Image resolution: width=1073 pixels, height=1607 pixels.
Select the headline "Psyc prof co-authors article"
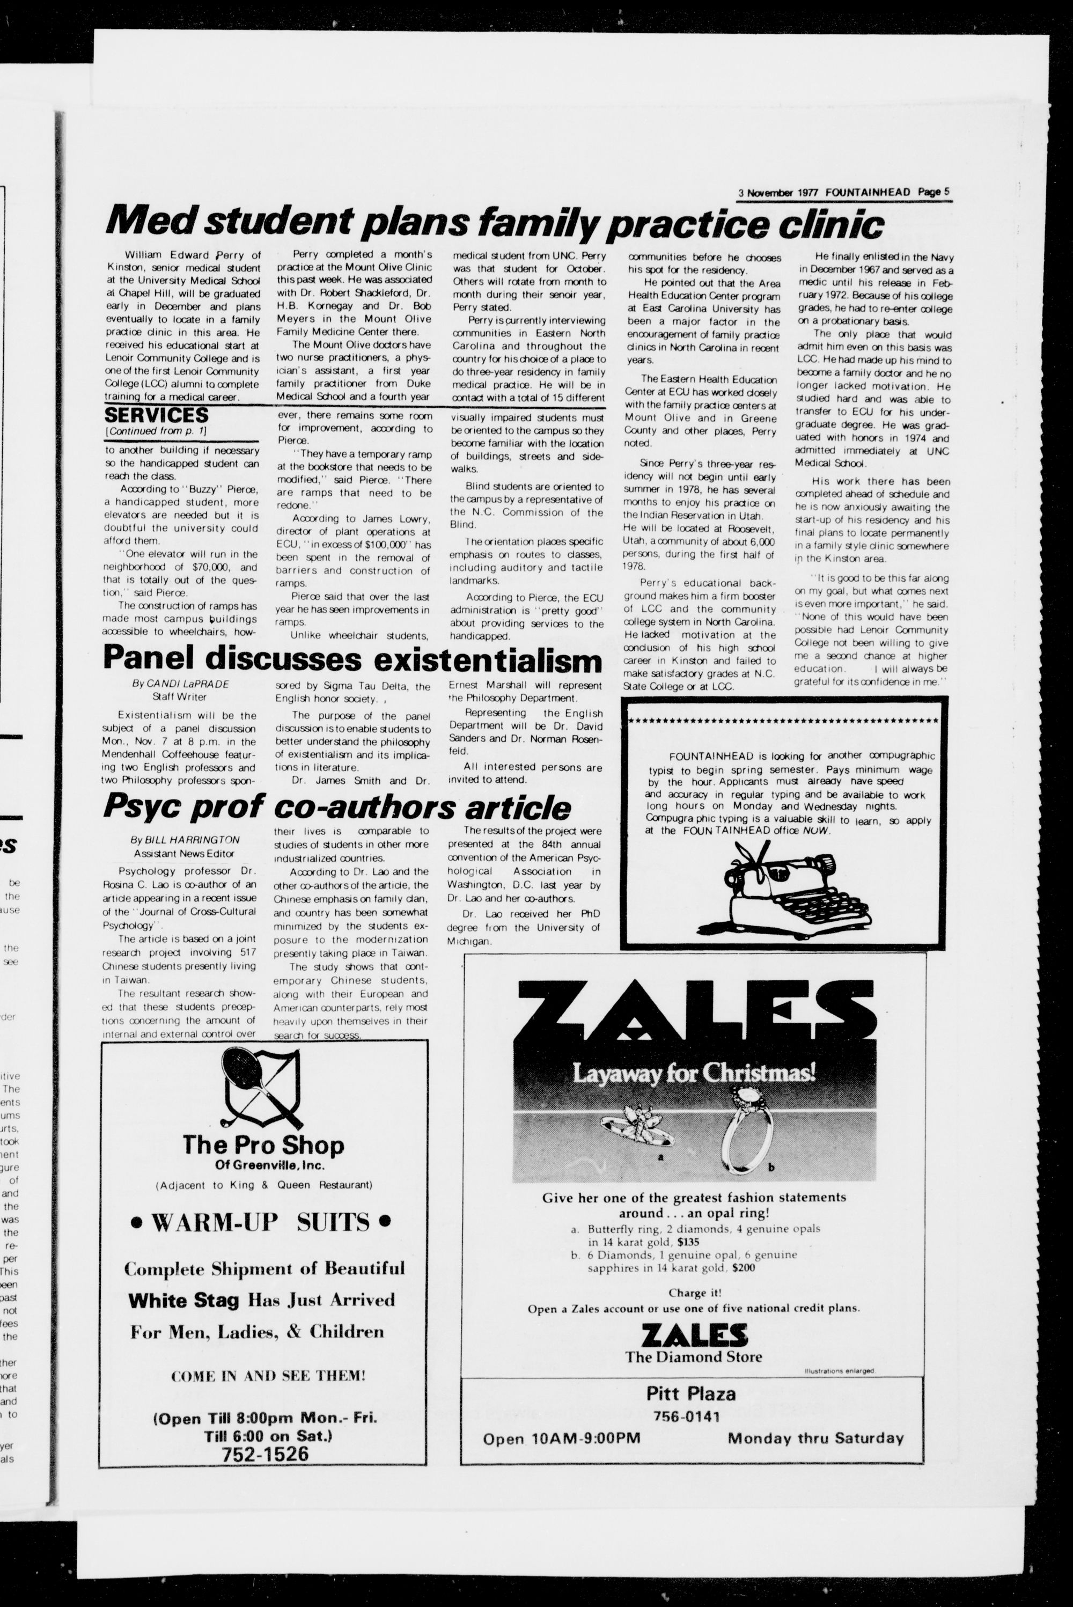click(x=337, y=808)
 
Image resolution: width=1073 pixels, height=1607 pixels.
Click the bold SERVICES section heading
click(x=156, y=415)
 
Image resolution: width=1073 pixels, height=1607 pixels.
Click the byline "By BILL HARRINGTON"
click(x=185, y=840)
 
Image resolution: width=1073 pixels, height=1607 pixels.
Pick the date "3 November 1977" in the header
click(x=779, y=193)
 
